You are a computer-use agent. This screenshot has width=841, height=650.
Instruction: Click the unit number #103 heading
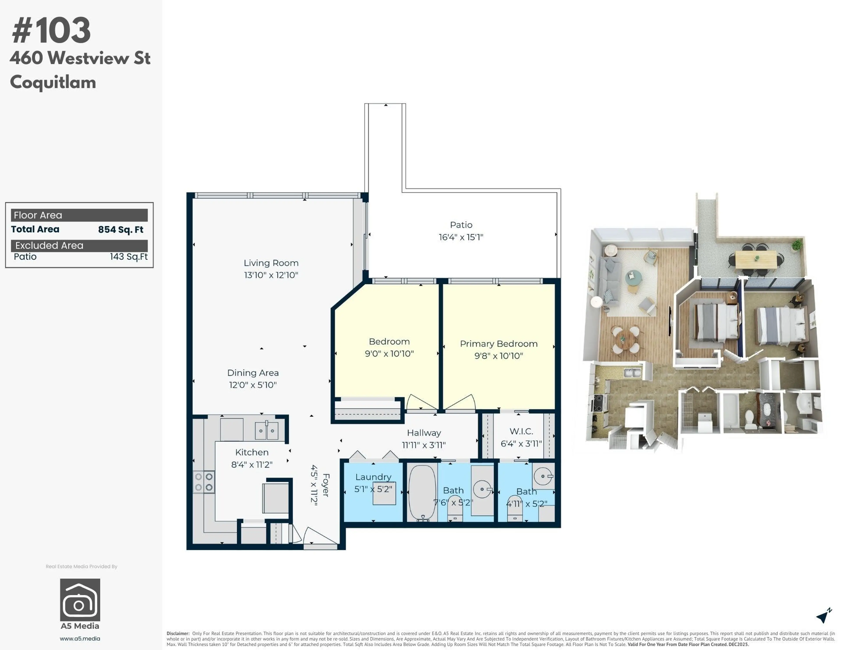pos(51,31)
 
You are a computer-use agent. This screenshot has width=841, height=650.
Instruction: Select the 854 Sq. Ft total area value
pos(120,230)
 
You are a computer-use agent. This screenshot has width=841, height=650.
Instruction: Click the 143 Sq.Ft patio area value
pos(129,257)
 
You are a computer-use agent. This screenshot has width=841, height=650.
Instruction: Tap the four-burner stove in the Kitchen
pos(204,482)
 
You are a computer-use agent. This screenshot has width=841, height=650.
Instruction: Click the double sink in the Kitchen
pos(267,431)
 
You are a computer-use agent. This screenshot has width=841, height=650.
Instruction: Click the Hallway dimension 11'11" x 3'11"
pos(424,445)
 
